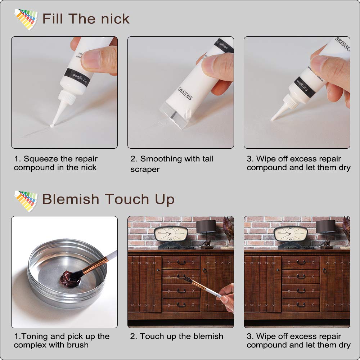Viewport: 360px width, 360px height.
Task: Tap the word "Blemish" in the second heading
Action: point(71,199)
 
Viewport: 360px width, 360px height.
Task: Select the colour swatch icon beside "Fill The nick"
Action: point(26,19)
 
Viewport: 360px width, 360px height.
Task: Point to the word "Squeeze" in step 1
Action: point(40,159)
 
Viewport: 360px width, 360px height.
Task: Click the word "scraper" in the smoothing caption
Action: point(145,169)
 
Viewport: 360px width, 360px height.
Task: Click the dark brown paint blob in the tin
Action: point(67,278)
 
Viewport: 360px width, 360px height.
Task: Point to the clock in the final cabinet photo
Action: point(290,233)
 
